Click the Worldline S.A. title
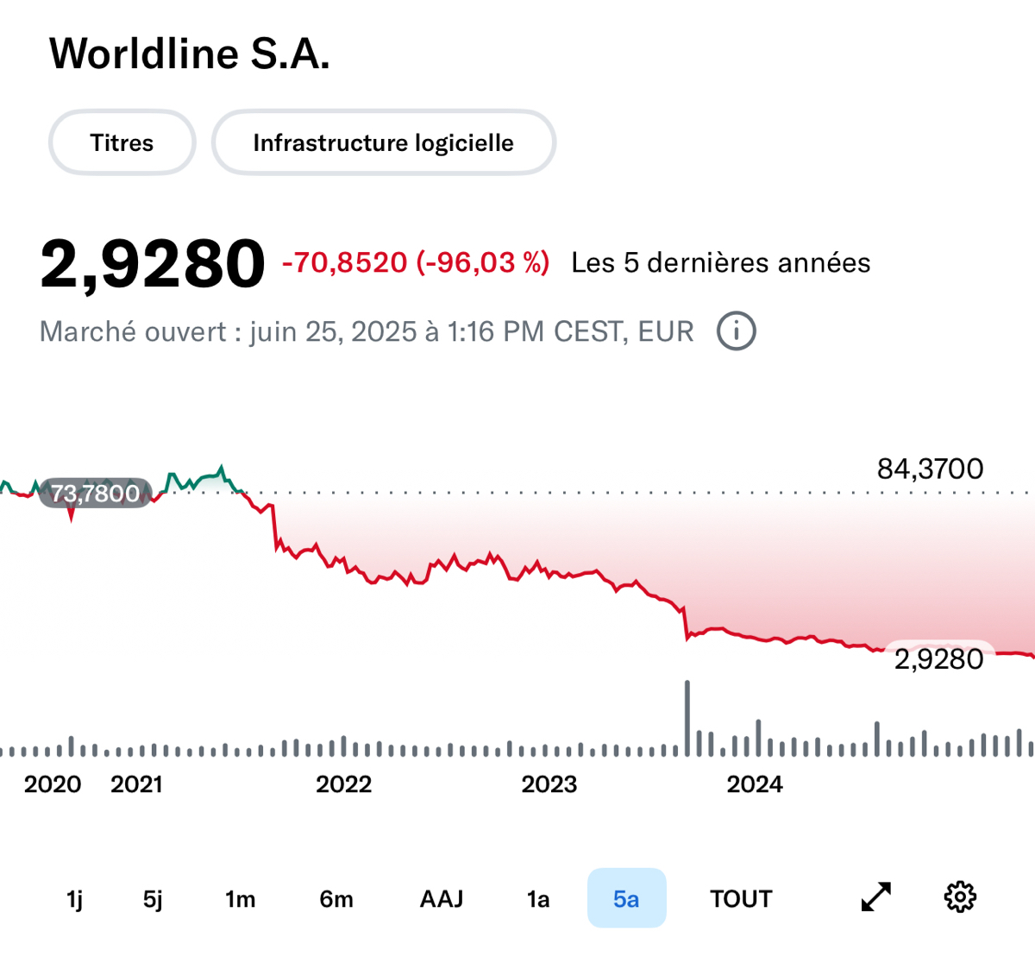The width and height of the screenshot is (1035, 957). [x=190, y=54]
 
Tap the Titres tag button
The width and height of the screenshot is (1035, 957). [x=122, y=142]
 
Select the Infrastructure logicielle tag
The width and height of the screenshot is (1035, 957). [x=383, y=142]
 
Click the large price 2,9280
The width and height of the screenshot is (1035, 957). [x=153, y=263]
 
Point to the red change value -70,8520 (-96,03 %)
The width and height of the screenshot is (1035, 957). [x=416, y=262]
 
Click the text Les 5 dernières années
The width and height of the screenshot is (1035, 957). [x=720, y=262]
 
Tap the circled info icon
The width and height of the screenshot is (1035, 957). [x=737, y=331]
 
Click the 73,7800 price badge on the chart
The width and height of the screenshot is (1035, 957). [x=95, y=493]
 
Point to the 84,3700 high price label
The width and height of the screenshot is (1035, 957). [x=930, y=469]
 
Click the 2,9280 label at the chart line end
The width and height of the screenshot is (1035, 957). [x=938, y=659]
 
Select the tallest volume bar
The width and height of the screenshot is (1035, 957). [x=687, y=718]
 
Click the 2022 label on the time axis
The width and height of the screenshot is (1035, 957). [x=343, y=784]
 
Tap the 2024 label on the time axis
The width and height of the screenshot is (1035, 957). [x=755, y=784]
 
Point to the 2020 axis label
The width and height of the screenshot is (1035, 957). [x=53, y=784]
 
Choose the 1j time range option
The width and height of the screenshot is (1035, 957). [x=75, y=899]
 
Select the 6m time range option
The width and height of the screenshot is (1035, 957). [x=336, y=899]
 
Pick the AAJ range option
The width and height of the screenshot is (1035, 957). [x=442, y=899]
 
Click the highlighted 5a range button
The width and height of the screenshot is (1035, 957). [x=626, y=898]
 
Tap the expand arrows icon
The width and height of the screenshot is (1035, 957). [x=876, y=897]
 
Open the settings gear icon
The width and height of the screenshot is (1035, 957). [x=960, y=897]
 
